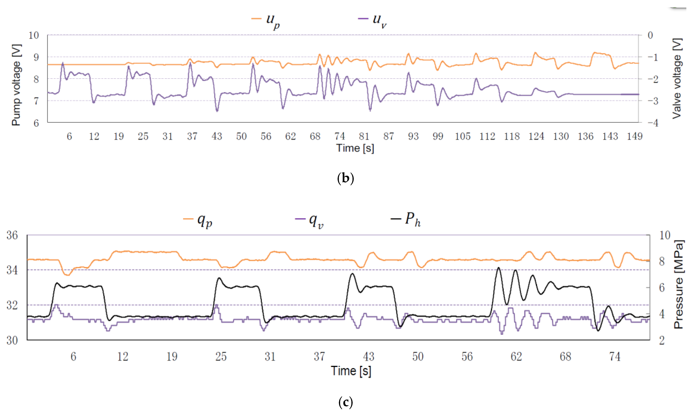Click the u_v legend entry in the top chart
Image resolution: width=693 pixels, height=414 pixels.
(x=373, y=20)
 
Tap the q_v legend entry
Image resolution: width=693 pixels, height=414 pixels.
(x=309, y=220)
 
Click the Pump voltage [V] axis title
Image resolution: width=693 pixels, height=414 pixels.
(x=16, y=85)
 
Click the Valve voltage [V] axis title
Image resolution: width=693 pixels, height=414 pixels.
(x=677, y=79)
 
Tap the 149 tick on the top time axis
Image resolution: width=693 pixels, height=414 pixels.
(x=635, y=136)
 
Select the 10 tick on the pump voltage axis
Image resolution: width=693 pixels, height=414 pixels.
(x=33, y=35)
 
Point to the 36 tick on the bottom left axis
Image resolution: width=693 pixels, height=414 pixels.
(x=12, y=235)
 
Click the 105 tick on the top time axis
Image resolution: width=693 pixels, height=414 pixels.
(x=462, y=136)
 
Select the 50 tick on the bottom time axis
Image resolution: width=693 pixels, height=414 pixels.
(x=418, y=357)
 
